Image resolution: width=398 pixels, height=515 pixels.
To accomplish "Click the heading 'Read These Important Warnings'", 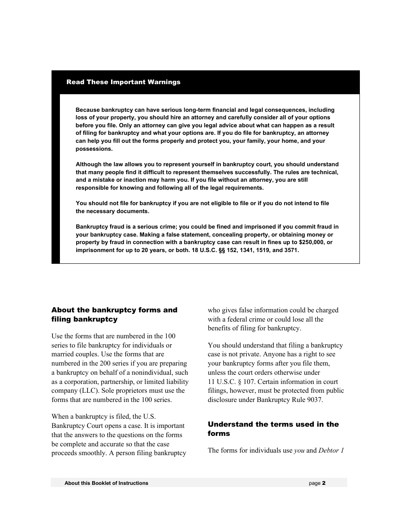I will pyautogui.click(x=123, y=82).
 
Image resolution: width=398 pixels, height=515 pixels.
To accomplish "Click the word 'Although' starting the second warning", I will pyautogui.click(x=88, y=165).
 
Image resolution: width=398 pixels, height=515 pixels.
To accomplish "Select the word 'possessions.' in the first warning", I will pyautogui.click(x=94, y=149).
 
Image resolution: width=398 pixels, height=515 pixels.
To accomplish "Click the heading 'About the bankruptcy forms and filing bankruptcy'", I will pyautogui.click(x=114, y=314).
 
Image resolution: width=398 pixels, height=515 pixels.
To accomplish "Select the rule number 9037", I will pyautogui.click(x=314, y=400).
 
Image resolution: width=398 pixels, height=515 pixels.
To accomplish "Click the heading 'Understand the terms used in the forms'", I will pyautogui.click(x=273, y=429).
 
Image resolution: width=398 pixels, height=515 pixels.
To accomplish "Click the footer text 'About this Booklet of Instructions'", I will pyautogui.click(x=106, y=483).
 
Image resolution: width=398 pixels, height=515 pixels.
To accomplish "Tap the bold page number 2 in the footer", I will pyautogui.click(x=324, y=483).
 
